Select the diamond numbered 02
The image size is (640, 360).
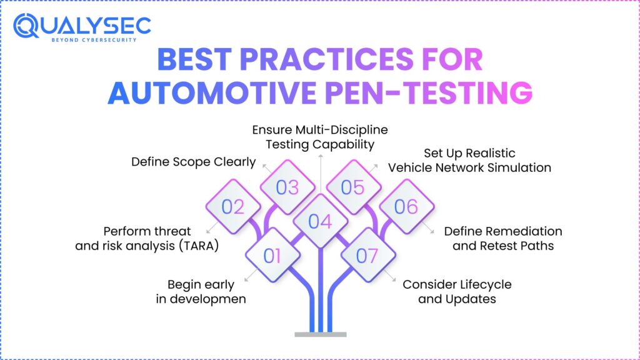[232, 206]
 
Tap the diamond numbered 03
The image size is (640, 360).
[287, 187]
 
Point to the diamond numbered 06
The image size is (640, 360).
[406, 206]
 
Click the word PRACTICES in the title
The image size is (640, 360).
[321, 61]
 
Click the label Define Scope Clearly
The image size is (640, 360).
[193, 162]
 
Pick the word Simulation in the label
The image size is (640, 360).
[519, 167]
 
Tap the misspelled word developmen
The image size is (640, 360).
[210, 299]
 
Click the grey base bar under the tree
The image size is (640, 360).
[319, 334]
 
